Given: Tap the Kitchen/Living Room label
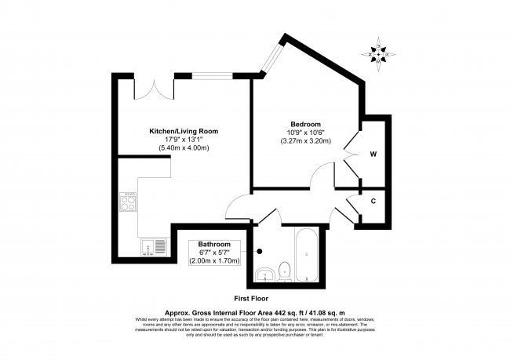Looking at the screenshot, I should (x=184, y=131).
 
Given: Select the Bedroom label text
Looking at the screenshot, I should (x=305, y=125).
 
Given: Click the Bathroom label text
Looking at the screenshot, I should (x=214, y=244).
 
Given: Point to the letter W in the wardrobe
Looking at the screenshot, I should (x=373, y=154).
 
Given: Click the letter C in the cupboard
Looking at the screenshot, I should (x=373, y=201).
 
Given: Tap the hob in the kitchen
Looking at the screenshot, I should (x=128, y=204).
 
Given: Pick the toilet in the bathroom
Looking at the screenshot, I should (x=285, y=271).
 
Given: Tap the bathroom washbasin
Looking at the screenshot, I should (x=265, y=273).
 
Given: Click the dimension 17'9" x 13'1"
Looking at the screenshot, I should (x=184, y=140).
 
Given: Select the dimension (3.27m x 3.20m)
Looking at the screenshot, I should (x=305, y=141).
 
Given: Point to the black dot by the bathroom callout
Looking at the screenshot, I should (x=259, y=252).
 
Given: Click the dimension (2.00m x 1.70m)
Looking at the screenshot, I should (x=214, y=260).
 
